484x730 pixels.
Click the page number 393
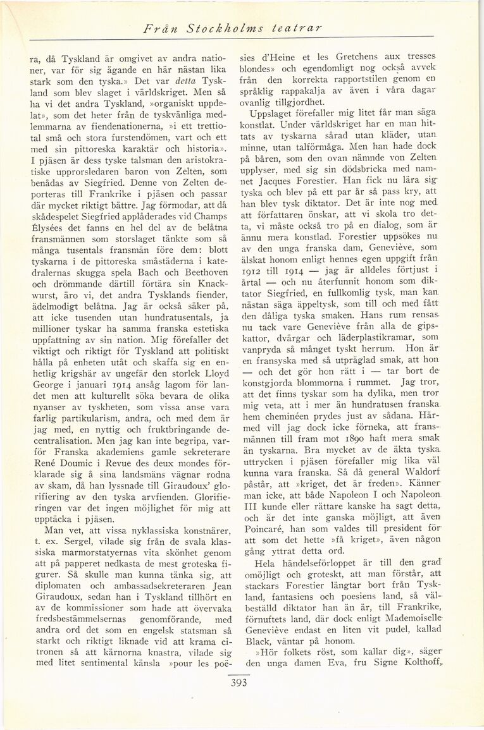click(x=239, y=683)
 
